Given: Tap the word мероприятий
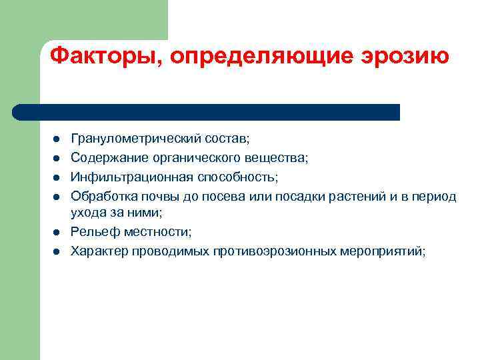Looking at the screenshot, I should tap(382, 251).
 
